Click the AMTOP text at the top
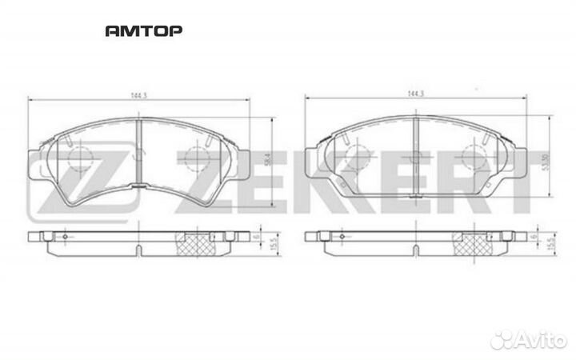[x=144, y=31]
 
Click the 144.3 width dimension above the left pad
[x=139, y=94]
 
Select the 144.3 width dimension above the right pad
[x=414, y=94]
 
